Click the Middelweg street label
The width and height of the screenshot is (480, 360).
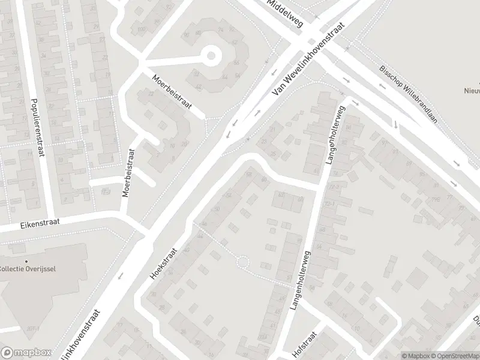pyautogui.click(x=287, y=13)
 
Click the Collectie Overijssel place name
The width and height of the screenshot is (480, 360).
pyautogui.click(x=28, y=268)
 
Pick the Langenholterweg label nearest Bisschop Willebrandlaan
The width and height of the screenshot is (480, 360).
pyautogui.click(x=335, y=135)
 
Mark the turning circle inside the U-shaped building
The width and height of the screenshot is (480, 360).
pyautogui.click(x=211, y=56)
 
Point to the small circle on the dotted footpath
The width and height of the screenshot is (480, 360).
pyautogui.click(x=242, y=263)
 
